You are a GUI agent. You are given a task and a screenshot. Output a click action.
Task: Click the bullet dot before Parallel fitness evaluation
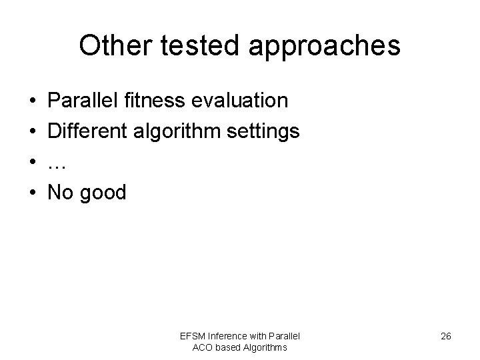coord(33,101)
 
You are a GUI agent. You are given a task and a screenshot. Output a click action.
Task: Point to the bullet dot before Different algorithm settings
coord(33,132)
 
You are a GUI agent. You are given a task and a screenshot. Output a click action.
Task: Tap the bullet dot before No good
coord(33,193)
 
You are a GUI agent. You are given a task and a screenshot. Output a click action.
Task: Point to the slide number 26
coord(446,337)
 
